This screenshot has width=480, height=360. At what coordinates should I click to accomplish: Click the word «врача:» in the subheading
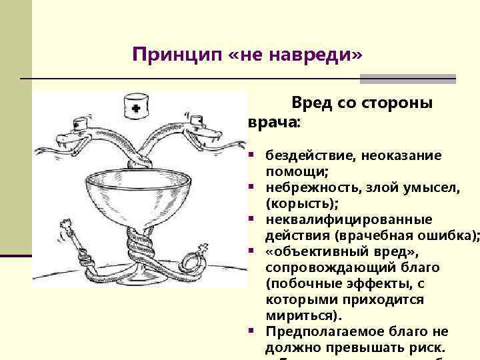tap(274, 123)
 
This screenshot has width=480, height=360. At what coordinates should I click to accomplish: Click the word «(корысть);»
tap(302, 203)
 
